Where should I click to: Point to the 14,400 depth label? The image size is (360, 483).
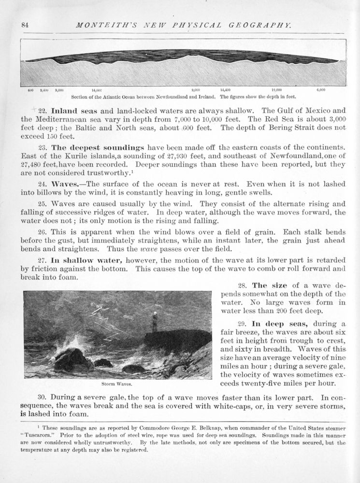[225, 90]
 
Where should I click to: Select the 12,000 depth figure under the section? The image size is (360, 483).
[276, 90]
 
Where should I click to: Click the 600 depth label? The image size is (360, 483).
[30, 90]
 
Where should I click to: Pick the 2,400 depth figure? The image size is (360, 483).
[44, 90]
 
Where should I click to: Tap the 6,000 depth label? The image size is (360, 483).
[321, 90]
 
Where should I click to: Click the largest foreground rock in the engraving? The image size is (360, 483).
[71, 360]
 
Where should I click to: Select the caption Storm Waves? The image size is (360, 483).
[117, 384]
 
